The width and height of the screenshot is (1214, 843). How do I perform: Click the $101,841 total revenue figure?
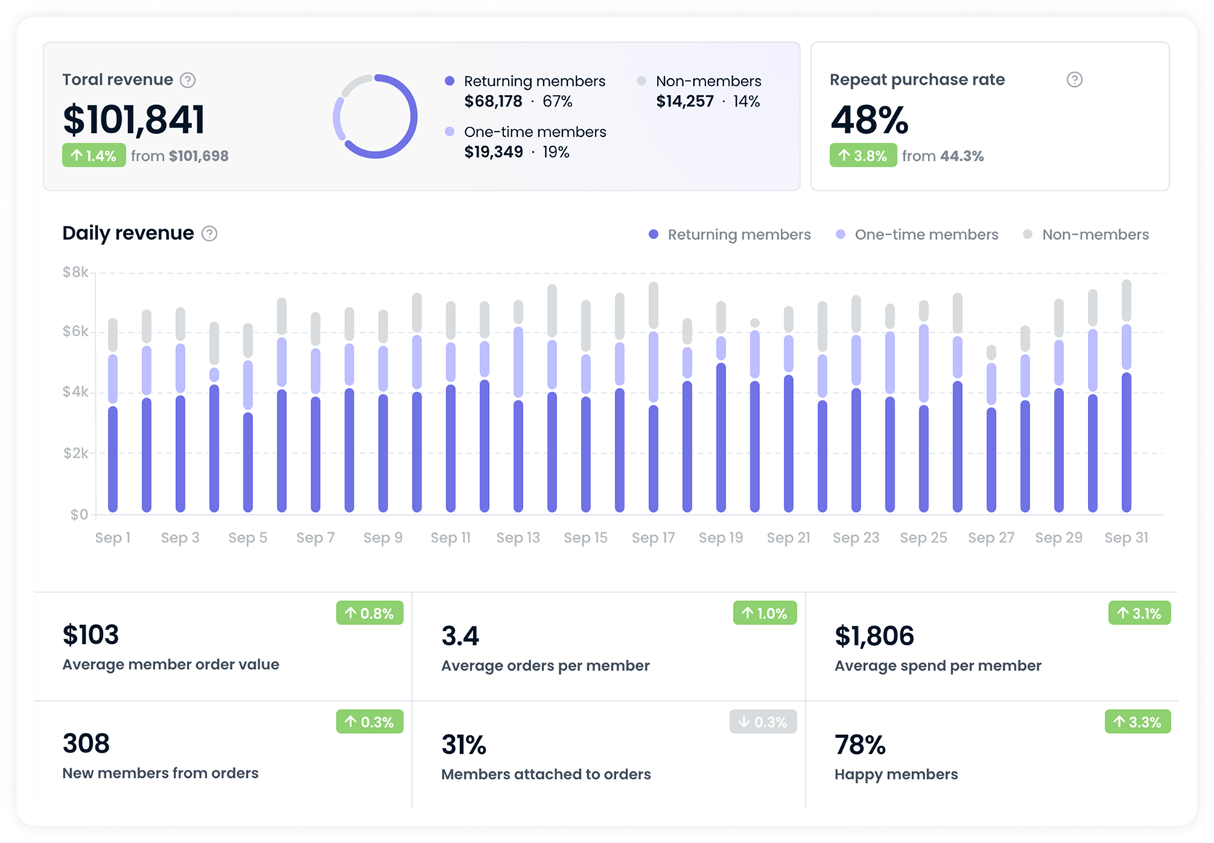[x=133, y=120]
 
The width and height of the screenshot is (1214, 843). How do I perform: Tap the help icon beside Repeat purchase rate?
[x=1074, y=80]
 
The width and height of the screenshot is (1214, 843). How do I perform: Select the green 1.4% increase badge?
[x=94, y=156]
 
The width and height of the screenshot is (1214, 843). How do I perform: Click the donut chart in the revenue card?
[x=375, y=117]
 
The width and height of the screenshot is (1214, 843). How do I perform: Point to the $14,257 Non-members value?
[x=685, y=101]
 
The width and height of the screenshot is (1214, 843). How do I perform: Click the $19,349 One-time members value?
[x=493, y=152]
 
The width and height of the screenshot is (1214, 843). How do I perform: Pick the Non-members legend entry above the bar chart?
[x=1086, y=235]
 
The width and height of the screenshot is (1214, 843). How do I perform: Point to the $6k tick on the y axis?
[x=75, y=332]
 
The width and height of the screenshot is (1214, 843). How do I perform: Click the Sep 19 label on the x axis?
[x=721, y=537]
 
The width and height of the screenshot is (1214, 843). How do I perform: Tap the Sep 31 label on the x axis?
[x=1126, y=537]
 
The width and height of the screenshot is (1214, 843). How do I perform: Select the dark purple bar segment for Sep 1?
[x=113, y=460]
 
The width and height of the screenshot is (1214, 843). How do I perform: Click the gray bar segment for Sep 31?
[x=1126, y=301]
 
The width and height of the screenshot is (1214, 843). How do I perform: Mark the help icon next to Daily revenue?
[x=209, y=233]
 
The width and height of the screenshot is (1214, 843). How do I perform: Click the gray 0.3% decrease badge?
[x=763, y=722]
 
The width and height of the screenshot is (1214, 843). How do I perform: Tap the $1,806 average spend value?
[x=874, y=636]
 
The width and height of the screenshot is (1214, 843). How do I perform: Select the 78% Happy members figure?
[x=860, y=745]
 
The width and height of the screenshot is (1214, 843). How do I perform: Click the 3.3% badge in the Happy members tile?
[x=1137, y=722]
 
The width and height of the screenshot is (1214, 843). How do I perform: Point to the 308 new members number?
[x=86, y=744]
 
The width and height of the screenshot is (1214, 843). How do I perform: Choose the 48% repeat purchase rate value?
[x=868, y=120]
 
